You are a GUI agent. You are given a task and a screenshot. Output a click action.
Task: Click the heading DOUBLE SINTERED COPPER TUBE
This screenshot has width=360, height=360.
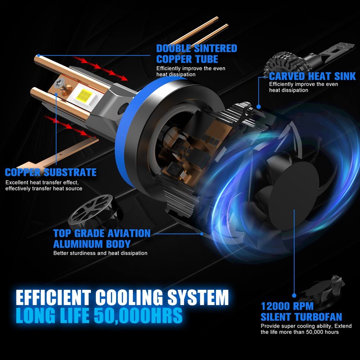coord(197,54)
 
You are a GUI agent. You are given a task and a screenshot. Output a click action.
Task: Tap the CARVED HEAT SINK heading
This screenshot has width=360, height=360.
coord(312,76)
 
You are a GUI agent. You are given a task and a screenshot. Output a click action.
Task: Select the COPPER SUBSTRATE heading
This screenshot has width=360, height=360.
coord(51,172)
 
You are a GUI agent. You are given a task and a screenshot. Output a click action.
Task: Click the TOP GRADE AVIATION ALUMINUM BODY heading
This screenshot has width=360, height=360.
coord(102,238)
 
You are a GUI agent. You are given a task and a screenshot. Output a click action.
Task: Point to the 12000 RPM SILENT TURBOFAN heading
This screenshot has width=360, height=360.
coord(301,311)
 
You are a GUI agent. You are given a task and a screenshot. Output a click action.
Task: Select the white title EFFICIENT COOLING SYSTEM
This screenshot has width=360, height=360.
coord(122,298)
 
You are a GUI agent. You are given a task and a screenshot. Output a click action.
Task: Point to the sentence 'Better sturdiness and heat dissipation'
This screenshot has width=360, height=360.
coord(100,253)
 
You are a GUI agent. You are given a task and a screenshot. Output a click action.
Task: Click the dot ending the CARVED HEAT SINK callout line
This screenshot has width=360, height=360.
coord(259,107)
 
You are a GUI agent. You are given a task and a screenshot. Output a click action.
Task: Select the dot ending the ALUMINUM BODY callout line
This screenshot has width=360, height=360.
coord(201,234)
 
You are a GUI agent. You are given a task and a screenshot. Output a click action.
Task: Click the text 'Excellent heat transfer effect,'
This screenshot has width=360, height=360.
coord(42,182)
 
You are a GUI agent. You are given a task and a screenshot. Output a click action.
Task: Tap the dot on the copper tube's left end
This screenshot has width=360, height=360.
coord(39,56)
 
